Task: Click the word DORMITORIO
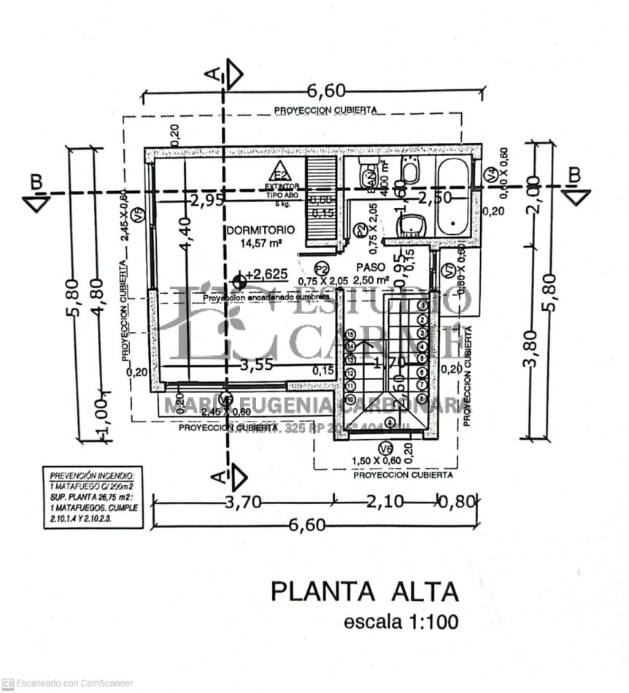(255, 231)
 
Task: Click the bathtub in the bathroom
(453, 196)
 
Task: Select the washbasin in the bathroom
(412, 225)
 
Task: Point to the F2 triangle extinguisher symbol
(279, 174)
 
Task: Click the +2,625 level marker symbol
(239, 280)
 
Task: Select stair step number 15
(351, 335)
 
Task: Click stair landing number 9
(389, 422)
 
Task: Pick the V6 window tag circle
(385, 449)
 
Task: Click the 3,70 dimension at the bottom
(242, 501)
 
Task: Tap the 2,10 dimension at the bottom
(385, 501)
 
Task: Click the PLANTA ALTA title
(365, 591)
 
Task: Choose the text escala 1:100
(401, 622)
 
